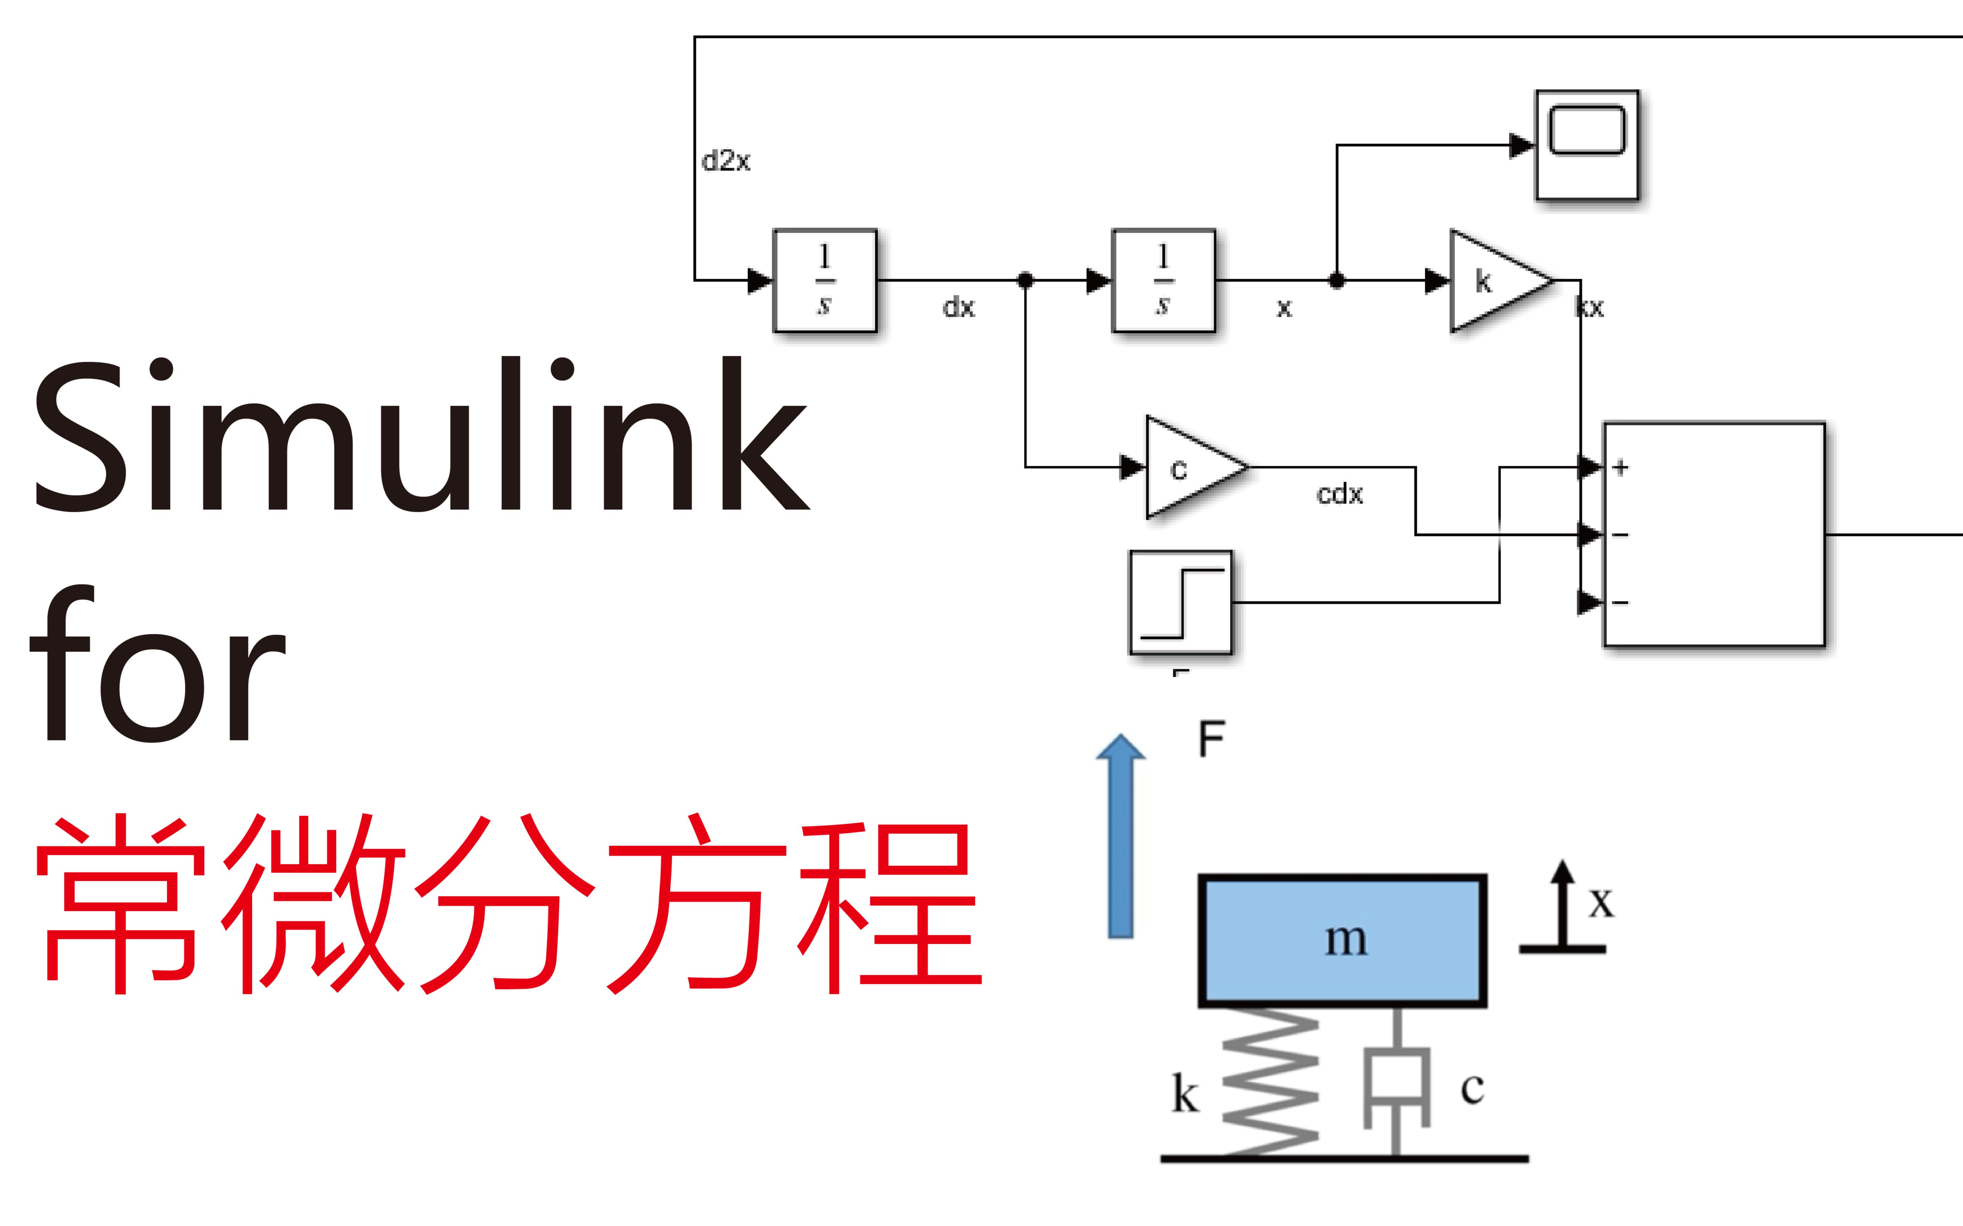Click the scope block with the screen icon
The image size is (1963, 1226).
1586,145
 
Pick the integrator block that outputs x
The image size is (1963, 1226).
1163,280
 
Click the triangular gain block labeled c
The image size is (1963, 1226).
1191,468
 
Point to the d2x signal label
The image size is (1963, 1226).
726,160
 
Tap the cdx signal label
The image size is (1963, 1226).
1339,494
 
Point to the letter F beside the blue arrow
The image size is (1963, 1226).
1211,739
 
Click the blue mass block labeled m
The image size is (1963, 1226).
1342,941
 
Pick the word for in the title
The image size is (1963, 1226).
158,665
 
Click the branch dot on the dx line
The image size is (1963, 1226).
1025,280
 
